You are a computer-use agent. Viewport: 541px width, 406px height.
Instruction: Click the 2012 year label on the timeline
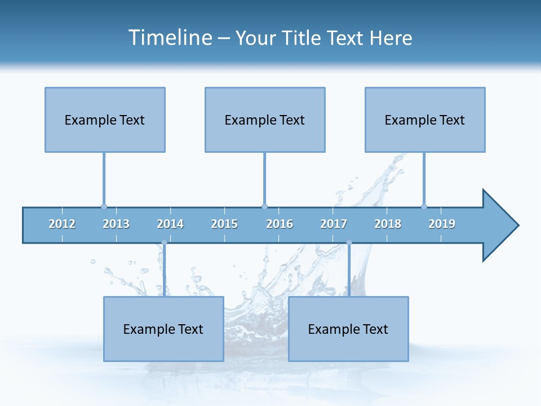(62, 224)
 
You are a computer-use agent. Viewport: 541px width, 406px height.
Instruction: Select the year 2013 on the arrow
(116, 224)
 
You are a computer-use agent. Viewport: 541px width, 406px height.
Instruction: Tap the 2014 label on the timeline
(170, 224)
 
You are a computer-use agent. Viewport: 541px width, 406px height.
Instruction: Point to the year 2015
(224, 224)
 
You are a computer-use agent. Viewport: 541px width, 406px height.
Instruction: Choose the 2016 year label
(280, 224)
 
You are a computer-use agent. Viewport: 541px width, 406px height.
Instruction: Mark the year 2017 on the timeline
(334, 224)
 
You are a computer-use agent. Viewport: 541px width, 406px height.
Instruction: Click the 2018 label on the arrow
(388, 224)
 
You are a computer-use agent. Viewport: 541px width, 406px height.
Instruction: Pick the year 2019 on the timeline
(442, 224)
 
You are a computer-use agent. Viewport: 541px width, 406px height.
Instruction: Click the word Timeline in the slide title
(169, 38)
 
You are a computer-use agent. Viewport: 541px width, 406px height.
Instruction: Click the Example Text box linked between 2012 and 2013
(105, 120)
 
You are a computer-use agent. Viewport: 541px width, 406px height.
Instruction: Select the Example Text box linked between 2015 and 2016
(265, 120)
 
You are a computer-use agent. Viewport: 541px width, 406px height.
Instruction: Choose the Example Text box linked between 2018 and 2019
(425, 120)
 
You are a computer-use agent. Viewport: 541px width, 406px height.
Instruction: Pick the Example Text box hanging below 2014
(163, 329)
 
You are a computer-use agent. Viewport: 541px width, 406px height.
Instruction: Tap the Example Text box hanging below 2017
(348, 329)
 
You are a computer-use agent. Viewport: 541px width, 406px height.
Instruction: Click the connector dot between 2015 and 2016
(264, 206)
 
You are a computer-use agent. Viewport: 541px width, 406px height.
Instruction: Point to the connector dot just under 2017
(349, 243)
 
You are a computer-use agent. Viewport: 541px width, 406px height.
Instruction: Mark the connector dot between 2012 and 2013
(104, 206)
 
